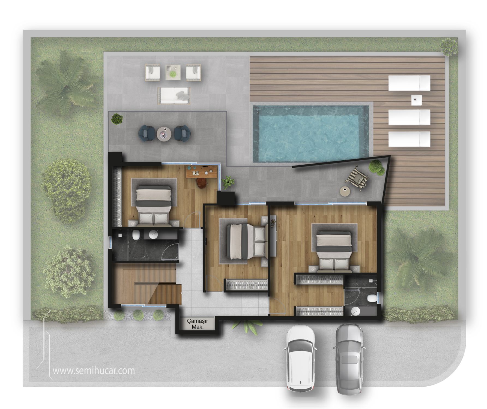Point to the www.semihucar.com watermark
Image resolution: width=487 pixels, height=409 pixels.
coord(94,371)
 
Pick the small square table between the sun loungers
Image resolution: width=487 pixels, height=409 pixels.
coord(416,100)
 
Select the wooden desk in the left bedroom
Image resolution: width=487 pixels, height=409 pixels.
coord(202,172)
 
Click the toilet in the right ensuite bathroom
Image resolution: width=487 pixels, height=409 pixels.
coord(372,299)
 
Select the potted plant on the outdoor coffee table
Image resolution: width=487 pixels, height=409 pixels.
coord(172,74)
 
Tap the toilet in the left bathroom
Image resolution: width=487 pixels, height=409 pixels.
coord(136,235)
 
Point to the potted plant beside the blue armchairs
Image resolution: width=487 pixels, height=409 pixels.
coord(117,119)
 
